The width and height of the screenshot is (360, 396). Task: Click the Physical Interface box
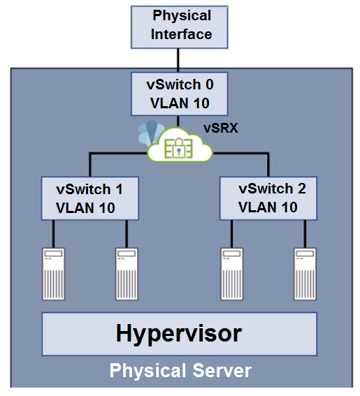180,27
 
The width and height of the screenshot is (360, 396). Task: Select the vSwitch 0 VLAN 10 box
180,94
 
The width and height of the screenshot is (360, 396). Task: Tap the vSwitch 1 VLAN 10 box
90,198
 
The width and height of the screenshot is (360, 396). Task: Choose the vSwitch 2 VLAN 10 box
268,198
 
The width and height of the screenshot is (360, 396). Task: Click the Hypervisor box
180,334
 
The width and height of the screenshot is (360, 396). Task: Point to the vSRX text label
221,128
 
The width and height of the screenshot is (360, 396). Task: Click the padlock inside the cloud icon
179,148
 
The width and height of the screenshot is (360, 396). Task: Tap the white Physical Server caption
180,371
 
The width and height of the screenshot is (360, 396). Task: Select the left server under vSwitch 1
53,274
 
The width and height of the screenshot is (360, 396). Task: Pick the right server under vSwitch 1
127,274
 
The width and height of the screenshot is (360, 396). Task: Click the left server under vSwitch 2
232,274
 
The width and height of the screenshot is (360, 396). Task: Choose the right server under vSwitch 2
305,274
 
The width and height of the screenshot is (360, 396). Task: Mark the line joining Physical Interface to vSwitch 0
178,61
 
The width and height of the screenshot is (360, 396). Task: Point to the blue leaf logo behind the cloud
151,132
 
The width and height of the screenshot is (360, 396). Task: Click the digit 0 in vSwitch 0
209,85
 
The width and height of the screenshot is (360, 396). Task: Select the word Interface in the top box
181,34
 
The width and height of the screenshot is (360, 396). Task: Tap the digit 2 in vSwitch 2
301,189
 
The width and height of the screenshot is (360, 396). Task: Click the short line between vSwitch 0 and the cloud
178,122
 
